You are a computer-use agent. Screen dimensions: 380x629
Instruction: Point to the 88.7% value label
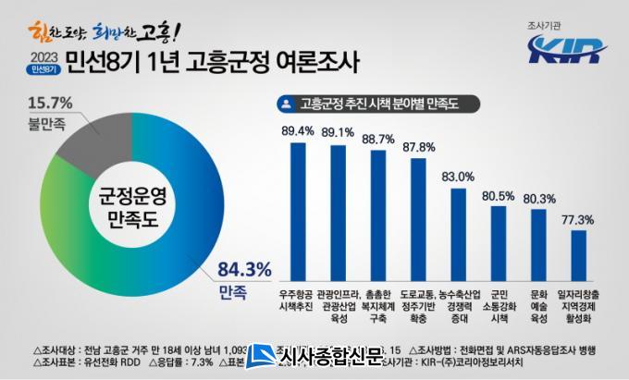point(377,139)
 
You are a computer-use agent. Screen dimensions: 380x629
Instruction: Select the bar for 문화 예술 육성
point(538,242)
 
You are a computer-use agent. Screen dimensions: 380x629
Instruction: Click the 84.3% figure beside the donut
point(244,270)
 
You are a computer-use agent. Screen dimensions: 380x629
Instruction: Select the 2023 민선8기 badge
point(40,63)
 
